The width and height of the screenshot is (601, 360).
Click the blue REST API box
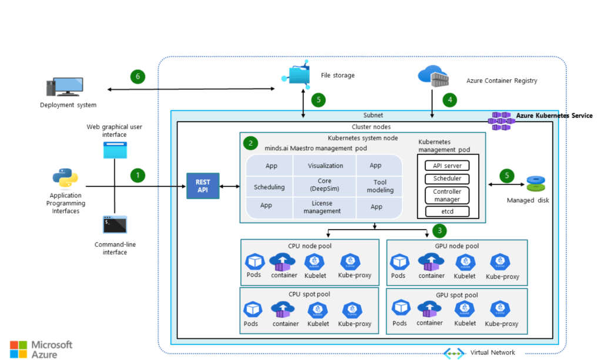tap(203, 186)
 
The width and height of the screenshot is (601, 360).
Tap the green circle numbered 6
tap(137, 76)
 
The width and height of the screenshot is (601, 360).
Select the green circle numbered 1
tap(137, 174)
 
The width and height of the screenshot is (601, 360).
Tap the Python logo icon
tap(65, 177)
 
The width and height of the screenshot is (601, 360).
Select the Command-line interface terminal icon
tap(115, 225)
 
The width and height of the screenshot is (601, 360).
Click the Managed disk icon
tap(535, 183)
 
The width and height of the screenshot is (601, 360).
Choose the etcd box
tap(446, 211)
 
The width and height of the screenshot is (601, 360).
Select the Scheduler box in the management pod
tap(446, 179)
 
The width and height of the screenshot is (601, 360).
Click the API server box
tap(446, 166)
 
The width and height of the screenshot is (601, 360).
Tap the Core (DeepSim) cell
tap(325, 184)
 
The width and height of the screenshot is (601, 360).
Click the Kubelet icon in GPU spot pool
tap(465, 309)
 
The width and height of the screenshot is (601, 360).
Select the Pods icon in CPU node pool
tap(254, 261)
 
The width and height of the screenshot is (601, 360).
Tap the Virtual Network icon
tap(454, 353)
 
